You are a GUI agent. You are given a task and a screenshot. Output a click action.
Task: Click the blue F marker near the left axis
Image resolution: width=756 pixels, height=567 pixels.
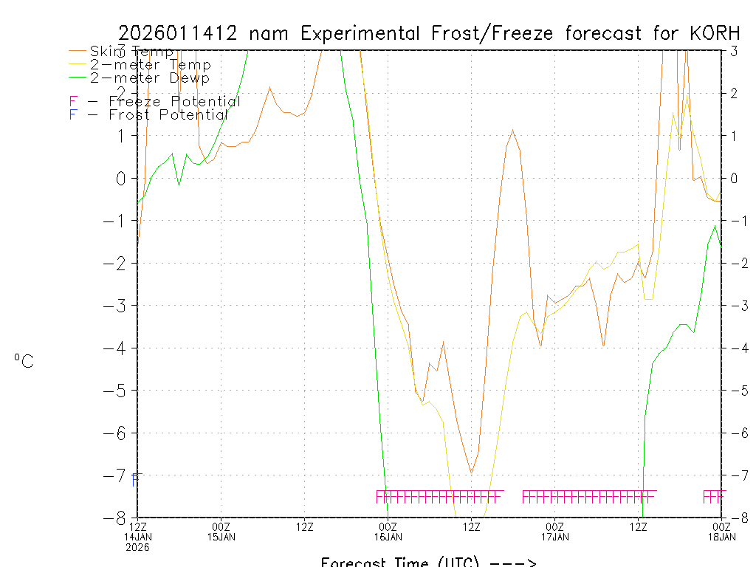134,480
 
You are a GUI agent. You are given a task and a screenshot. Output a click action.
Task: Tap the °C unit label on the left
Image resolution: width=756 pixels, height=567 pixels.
24,362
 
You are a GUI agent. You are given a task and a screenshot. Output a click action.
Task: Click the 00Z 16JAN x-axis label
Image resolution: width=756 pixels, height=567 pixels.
388,532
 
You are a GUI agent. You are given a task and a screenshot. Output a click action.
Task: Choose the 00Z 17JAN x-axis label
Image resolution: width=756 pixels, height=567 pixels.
555,532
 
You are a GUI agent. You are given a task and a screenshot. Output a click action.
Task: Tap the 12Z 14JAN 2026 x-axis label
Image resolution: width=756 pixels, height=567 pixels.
137,537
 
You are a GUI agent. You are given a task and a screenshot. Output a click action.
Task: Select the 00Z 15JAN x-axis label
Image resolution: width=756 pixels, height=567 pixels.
221,532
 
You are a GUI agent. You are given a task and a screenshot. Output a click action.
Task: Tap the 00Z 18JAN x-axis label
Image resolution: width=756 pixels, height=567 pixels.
721,532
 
